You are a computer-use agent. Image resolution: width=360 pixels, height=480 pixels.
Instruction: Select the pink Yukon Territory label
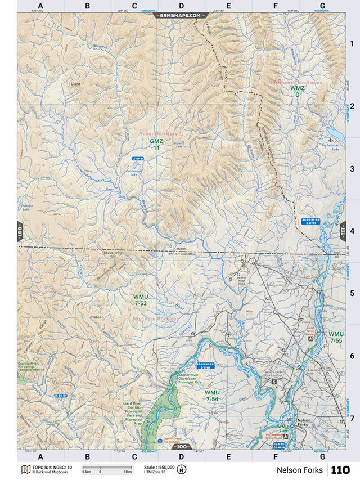point(158,134)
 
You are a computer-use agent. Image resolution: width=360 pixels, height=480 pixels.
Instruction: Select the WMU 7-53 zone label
point(140,300)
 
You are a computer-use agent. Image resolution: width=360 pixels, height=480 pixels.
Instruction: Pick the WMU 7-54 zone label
point(212,395)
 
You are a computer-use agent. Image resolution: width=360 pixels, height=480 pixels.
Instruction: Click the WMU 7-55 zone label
point(336,337)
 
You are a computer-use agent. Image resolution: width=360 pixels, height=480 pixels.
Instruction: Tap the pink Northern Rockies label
point(155,319)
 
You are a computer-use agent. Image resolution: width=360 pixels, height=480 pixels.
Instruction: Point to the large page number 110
point(340,470)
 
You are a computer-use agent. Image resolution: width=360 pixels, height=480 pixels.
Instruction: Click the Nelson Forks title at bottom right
point(300,470)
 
